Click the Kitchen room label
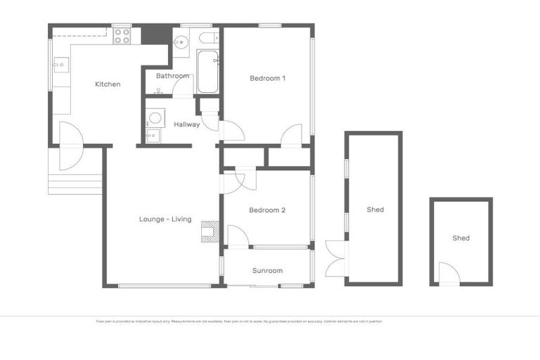[108, 84]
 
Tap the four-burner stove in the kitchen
[122, 36]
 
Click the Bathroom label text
[172, 76]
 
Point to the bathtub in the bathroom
[207, 72]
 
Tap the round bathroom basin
[180, 41]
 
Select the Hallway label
[187, 124]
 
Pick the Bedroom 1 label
[267, 78]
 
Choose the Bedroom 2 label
[267, 210]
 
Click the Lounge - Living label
[165, 219]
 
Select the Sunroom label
[267, 271]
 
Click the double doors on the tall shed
[336, 258]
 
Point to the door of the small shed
[447, 274]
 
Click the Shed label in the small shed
[461, 238]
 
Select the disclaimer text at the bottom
[239, 321]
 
